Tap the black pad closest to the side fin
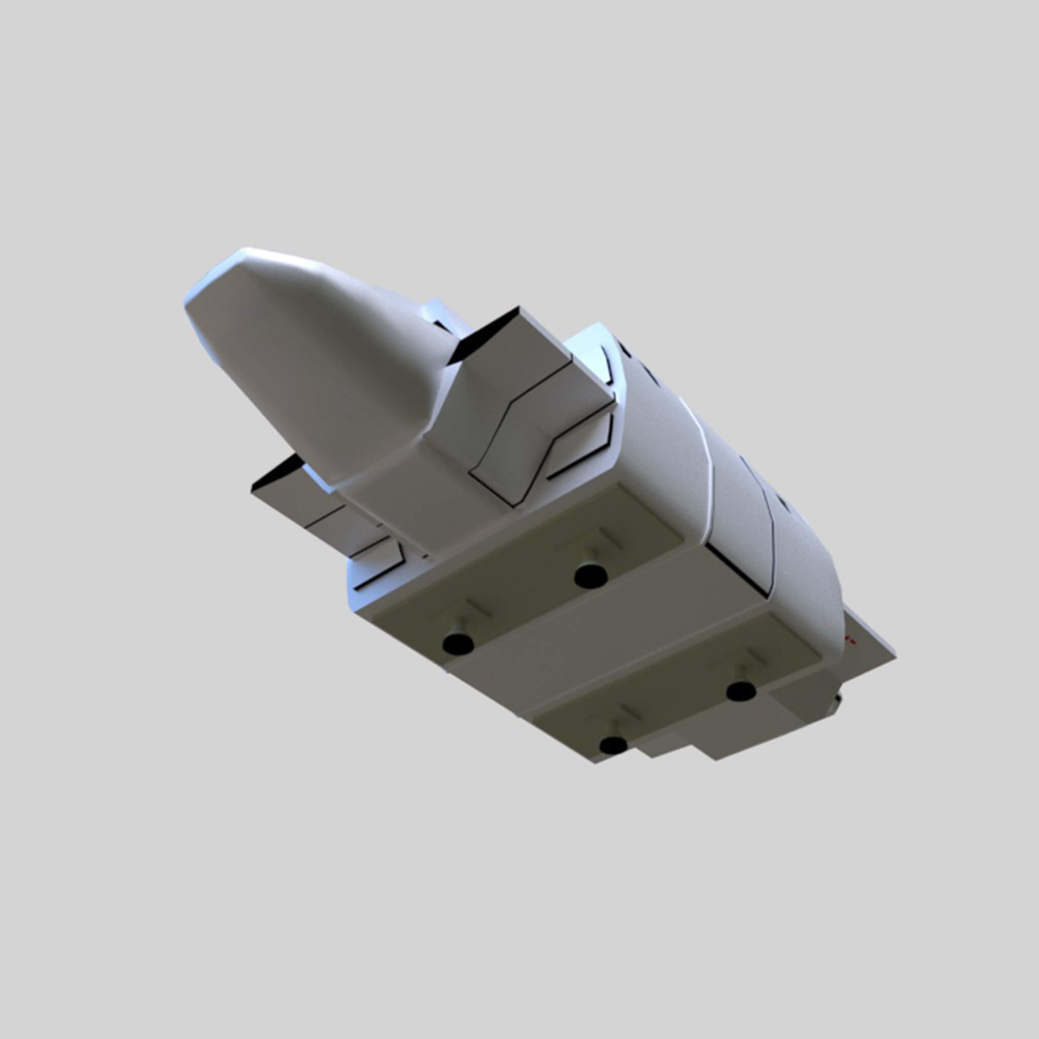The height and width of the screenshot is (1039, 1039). click(x=458, y=643)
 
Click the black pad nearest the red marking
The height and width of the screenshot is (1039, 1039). click(x=741, y=691)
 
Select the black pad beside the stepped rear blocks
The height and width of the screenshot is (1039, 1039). click(x=613, y=745)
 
